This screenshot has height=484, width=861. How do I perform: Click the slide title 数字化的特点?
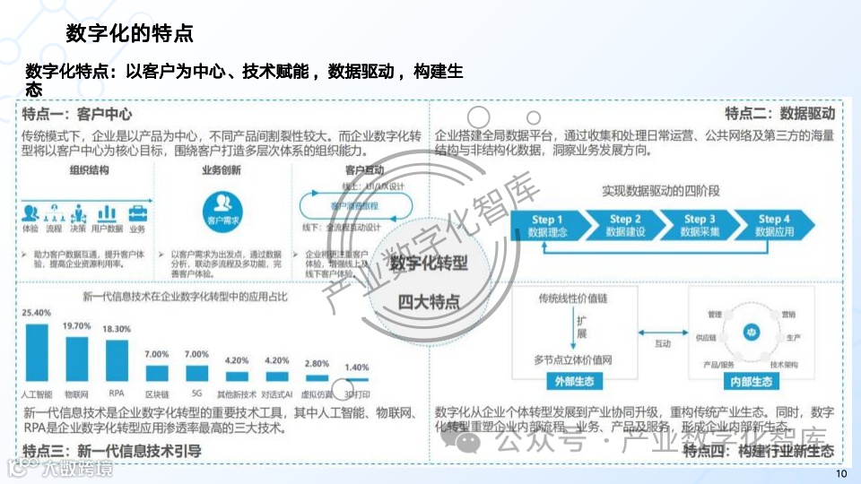[130, 34]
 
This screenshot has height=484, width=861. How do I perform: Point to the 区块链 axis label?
[157, 393]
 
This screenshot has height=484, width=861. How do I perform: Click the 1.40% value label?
[357, 367]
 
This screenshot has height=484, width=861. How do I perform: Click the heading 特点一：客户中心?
[77, 114]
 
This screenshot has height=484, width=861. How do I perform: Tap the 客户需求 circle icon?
[222, 216]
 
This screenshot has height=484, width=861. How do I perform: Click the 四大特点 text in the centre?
[428, 301]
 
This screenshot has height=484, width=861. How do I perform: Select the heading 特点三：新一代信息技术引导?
[112, 450]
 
